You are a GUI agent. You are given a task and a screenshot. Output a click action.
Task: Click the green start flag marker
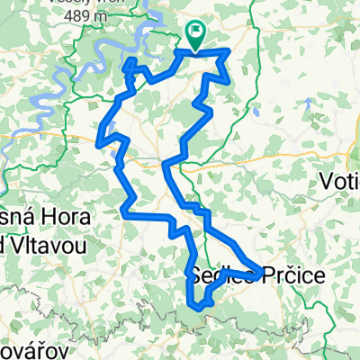(195, 33)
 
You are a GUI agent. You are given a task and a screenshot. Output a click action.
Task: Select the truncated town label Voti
(340, 181)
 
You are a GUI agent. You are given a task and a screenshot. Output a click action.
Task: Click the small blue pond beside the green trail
(256, 114)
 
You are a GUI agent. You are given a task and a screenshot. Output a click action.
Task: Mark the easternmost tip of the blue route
(262, 271)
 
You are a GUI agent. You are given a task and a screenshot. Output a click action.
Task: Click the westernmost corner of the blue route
(97, 140)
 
